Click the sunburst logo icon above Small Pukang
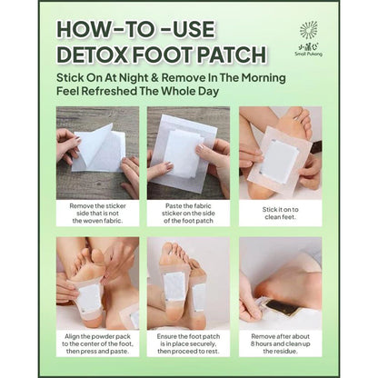[x=309, y=29]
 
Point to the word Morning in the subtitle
[x=258, y=77]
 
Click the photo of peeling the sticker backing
[x=98, y=153]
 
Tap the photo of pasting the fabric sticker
[x=188, y=153]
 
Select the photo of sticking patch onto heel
[x=279, y=153]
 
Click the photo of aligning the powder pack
[x=98, y=283]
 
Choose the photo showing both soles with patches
[x=188, y=283]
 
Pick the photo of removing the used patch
[x=279, y=283]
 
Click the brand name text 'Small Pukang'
[x=309, y=53]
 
